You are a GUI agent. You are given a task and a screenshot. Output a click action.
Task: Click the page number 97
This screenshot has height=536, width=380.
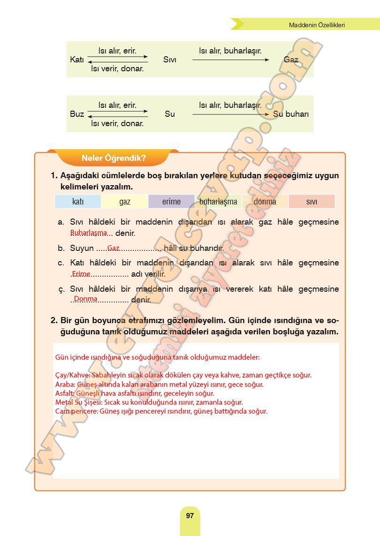coord(190,515)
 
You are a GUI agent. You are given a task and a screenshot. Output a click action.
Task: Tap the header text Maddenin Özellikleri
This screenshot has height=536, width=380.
coord(317,25)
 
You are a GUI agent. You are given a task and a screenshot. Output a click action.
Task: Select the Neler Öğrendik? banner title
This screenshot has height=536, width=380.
coord(114,158)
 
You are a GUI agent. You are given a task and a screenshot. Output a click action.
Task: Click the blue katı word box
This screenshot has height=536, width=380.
coord(78,202)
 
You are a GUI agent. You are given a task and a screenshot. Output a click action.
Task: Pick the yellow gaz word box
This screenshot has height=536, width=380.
coord(125,202)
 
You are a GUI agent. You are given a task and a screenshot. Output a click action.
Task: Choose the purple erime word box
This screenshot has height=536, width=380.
coord(171,202)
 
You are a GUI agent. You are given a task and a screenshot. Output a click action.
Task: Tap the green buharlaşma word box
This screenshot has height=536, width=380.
coord(218,202)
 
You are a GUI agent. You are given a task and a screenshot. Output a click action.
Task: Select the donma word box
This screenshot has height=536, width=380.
coord(265,202)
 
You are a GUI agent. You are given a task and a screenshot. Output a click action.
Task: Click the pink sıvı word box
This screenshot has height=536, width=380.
coord(312,202)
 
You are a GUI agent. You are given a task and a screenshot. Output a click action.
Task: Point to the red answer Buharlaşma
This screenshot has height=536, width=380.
coord(89,233)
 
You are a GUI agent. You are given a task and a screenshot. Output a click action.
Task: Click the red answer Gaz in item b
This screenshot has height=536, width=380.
coord(114,248)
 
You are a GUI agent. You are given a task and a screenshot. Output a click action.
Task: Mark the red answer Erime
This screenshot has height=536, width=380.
coord(81,273)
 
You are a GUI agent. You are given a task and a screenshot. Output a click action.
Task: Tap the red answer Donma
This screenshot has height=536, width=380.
coord(85,299)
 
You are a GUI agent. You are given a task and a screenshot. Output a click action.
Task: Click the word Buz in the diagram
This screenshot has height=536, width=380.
coord(77,114)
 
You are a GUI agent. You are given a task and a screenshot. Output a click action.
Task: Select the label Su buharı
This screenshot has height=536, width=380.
coord(291,114)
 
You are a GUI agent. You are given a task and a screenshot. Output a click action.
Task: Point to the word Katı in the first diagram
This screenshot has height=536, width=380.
coord(77,60)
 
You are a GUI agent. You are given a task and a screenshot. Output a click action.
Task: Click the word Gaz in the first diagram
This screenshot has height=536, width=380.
coord(291,60)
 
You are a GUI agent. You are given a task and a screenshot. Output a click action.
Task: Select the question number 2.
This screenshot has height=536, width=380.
coord(54,321)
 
